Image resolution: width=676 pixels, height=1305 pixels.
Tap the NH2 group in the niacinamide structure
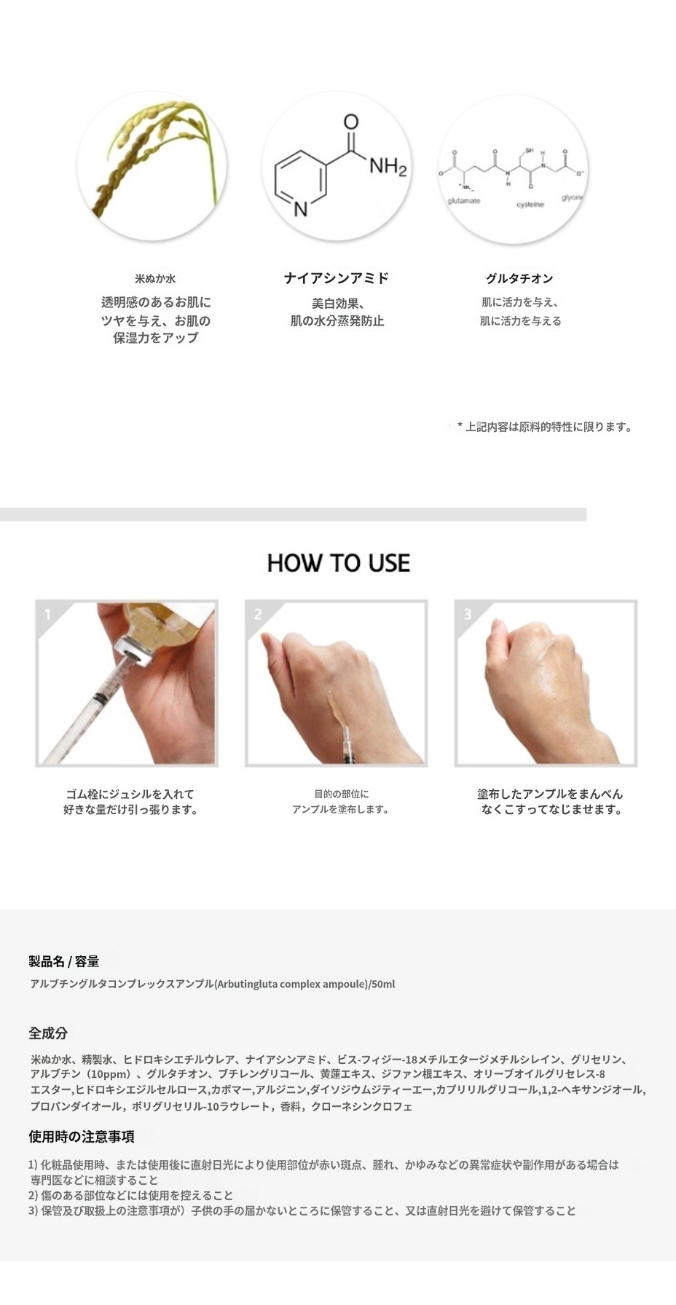point(387,167)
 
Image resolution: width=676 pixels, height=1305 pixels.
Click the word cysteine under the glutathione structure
point(530,205)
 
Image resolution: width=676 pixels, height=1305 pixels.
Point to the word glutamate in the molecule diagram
point(463,200)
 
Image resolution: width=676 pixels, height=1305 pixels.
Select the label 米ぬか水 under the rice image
point(155,278)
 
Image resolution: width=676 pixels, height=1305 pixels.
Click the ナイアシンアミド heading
point(337,277)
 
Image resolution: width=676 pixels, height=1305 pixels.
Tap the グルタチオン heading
point(519,278)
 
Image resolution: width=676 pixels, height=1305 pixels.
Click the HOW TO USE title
point(338,563)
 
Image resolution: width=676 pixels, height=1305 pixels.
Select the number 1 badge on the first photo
point(48,615)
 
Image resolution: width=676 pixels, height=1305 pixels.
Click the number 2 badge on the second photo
point(257,615)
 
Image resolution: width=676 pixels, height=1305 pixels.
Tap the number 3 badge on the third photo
point(467,615)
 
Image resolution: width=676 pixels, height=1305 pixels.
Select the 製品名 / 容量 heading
point(64,961)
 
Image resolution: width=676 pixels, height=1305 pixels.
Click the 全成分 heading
point(48,1033)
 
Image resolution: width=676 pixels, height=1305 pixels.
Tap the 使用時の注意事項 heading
point(82,1136)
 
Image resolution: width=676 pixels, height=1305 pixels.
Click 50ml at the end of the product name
point(383,984)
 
